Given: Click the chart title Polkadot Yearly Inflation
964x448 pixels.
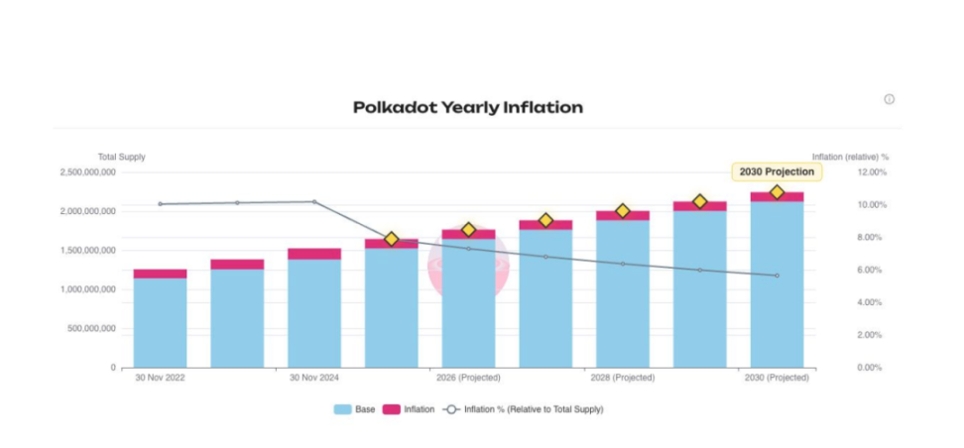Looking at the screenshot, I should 467,107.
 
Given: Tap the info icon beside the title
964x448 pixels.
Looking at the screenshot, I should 889,99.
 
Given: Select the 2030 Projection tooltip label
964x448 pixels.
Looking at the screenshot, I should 777,171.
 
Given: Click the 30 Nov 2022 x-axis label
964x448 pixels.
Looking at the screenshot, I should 161,378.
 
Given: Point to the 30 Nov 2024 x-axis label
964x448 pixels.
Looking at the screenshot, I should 314,378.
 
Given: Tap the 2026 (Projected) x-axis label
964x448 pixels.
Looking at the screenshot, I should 468,378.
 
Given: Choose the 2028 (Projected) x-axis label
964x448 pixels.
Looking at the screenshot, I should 623,378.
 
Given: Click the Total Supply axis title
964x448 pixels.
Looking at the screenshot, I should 121,157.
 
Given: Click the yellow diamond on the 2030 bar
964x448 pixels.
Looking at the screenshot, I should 777,192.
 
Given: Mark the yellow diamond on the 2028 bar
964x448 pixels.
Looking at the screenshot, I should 623,211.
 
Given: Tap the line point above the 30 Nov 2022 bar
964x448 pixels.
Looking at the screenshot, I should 161,204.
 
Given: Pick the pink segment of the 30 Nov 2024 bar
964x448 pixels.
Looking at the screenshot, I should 314,254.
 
